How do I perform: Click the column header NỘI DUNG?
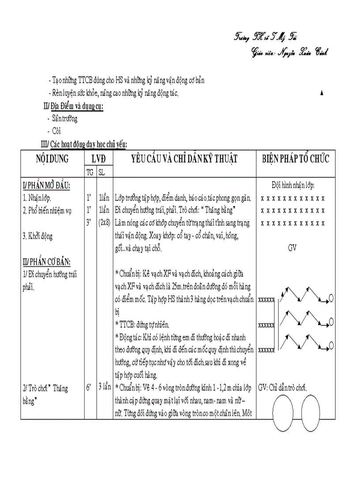pyautogui.click(x=52, y=159)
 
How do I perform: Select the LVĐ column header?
pyautogui.click(x=98, y=159)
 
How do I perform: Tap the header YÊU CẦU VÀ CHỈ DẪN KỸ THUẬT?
pyautogui.click(x=184, y=159)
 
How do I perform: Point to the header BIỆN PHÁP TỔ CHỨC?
pyautogui.click(x=295, y=159)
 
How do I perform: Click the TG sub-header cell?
pyautogui.click(x=90, y=172)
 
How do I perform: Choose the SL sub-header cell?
pyautogui.click(x=101, y=172)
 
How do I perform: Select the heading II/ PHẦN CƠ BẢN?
pyautogui.click(x=46, y=263)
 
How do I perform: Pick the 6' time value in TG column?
pyautogui.click(x=89, y=387)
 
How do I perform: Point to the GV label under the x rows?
pyautogui.click(x=292, y=248)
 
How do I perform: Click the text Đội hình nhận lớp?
pyautogui.click(x=293, y=186)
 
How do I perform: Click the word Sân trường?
pyautogui.click(x=64, y=119)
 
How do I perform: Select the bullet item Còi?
pyautogui.click(x=56, y=131)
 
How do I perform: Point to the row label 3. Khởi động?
pyautogui.click(x=37, y=236)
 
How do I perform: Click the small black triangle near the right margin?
pyautogui.click(x=321, y=93)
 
